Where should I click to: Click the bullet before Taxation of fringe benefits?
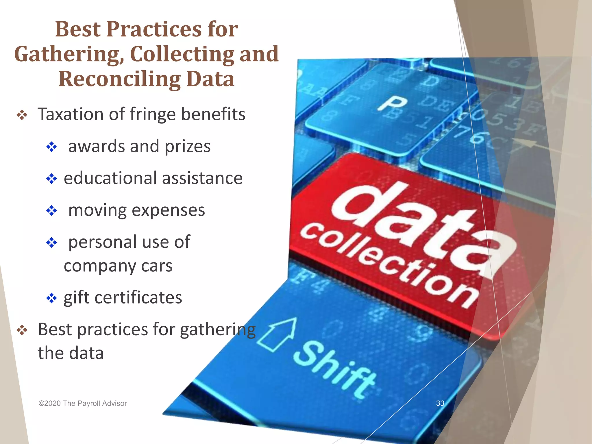point(22,116)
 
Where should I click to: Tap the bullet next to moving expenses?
point(52,211)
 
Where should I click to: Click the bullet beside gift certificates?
point(52,298)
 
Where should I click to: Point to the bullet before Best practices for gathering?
point(22,330)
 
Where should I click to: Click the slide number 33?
point(440,403)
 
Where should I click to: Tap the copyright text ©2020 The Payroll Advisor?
point(83,404)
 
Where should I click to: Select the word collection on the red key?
point(387,264)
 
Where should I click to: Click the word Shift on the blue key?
point(335,369)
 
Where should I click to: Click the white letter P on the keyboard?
point(392,103)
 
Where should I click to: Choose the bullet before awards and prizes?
point(52,147)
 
